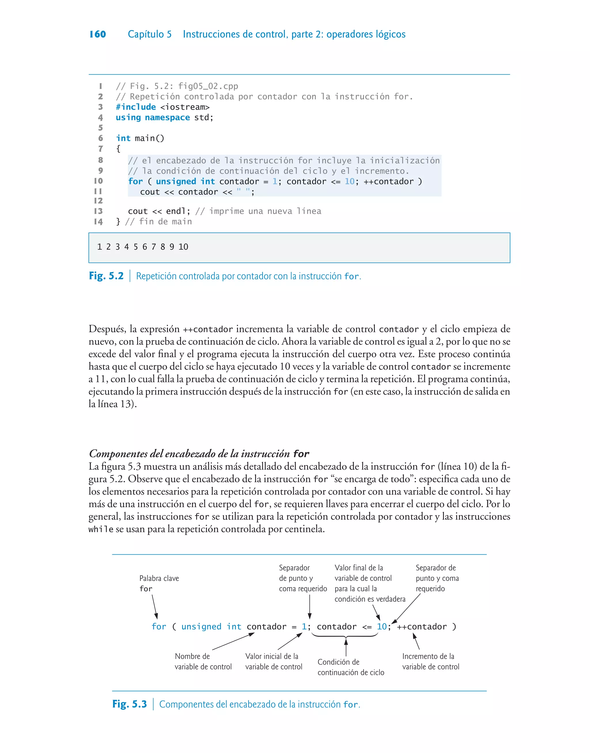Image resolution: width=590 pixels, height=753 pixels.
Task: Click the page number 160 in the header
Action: [x=97, y=34]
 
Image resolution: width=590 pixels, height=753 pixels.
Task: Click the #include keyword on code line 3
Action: [x=136, y=107]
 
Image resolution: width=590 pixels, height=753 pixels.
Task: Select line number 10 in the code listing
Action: [x=99, y=181]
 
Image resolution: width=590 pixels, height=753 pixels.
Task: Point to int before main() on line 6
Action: [x=123, y=138]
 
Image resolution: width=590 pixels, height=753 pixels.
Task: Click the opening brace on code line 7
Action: [x=118, y=149]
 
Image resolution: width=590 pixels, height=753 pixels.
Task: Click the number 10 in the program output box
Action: [x=183, y=247]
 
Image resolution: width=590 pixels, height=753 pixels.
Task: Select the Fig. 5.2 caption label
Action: [x=106, y=276]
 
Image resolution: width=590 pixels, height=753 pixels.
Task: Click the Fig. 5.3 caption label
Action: [x=130, y=704]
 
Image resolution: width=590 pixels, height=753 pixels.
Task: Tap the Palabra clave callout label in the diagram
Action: [x=159, y=578]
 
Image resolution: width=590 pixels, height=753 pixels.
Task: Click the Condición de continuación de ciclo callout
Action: [x=350, y=667]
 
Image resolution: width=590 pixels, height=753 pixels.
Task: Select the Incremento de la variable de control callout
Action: [x=430, y=661]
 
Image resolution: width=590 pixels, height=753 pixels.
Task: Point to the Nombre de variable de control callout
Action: [x=203, y=661]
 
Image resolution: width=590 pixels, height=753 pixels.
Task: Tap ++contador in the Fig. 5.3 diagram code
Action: [x=422, y=626]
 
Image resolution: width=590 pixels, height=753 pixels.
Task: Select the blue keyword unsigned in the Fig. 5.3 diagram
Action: [x=201, y=626]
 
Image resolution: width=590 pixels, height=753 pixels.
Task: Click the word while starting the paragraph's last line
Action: [x=101, y=529]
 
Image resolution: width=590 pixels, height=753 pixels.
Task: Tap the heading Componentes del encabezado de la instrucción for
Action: [x=199, y=453]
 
